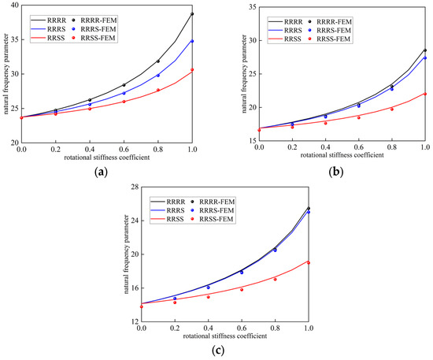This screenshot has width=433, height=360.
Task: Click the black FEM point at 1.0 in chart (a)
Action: [x=192, y=14]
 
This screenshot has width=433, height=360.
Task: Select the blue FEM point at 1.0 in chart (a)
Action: [x=192, y=41]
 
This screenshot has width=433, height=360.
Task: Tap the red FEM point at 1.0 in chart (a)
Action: [x=192, y=69]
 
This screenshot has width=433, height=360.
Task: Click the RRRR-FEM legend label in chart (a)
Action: [x=98, y=20]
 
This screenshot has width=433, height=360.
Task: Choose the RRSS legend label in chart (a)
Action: [x=56, y=38]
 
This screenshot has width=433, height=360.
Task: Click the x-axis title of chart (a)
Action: [x=107, y=158]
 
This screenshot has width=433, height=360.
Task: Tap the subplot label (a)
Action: [x=101, y=172]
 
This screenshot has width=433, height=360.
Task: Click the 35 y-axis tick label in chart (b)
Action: [x=252, y=6]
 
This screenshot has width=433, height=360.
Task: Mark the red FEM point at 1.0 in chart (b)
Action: [x=425, y=94]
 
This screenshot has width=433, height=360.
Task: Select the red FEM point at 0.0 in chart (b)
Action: [x=259, y=130]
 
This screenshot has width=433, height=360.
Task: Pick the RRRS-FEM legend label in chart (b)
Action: [x=334, y=31]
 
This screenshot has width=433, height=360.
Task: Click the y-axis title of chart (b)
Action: [x=244, y=74]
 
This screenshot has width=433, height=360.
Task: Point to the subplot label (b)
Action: [x=336, y=172]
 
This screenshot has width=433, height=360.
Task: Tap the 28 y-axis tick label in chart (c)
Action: [x=134, y=187]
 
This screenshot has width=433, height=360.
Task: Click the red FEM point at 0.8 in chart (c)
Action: [x=275, y=280]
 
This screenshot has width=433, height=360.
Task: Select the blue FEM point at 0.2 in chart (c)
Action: [x=175, y=299]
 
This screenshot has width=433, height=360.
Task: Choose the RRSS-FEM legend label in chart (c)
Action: [x=216, y=219]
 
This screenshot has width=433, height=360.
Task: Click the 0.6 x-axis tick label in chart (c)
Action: [x=242, y=328]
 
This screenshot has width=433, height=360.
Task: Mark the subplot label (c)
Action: [x=218, y=351]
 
